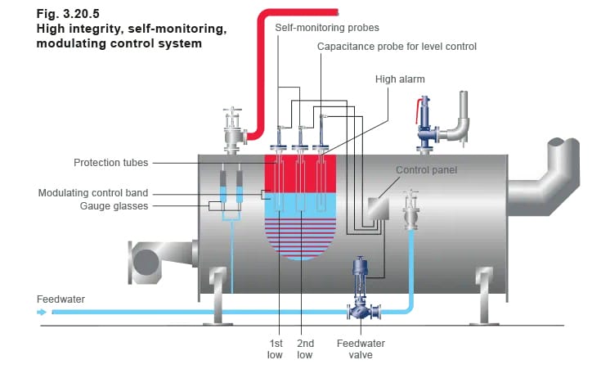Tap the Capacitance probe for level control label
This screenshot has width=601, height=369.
coord(397,47)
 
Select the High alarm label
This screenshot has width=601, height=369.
coord(400,79)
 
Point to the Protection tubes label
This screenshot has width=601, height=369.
coord(110,163)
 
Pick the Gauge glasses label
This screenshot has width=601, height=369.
coord(114,206)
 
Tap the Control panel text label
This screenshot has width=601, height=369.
coord(426,170)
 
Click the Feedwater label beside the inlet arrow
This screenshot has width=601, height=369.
coord(61,299)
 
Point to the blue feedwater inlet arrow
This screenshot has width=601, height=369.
coord(43,311)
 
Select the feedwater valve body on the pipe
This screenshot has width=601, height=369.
coord(360,311)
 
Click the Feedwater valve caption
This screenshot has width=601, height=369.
coord(361,349)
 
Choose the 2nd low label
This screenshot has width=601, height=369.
coord(304,349)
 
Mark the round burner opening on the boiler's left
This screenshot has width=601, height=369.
coord(147,261)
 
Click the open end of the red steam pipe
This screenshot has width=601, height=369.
coord(335,11)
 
